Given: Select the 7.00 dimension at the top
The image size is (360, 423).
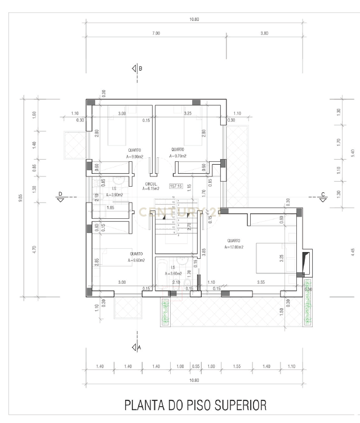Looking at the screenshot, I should point(156,34).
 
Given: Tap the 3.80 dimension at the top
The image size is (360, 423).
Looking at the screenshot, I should point(264,34).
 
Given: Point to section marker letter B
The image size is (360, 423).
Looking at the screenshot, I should point(140,68).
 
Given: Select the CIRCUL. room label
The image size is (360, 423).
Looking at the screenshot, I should point(151,184).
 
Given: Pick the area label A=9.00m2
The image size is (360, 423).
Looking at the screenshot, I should point(136,156).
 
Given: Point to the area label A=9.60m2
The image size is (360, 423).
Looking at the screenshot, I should point(136,261).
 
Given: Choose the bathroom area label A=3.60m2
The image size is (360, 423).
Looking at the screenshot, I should point(174,274).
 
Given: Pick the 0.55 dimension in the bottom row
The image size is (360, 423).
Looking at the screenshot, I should point(195,367).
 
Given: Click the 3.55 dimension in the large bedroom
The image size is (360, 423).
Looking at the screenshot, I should point(261,282).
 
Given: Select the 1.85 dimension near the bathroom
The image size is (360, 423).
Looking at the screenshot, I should point(111,208).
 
